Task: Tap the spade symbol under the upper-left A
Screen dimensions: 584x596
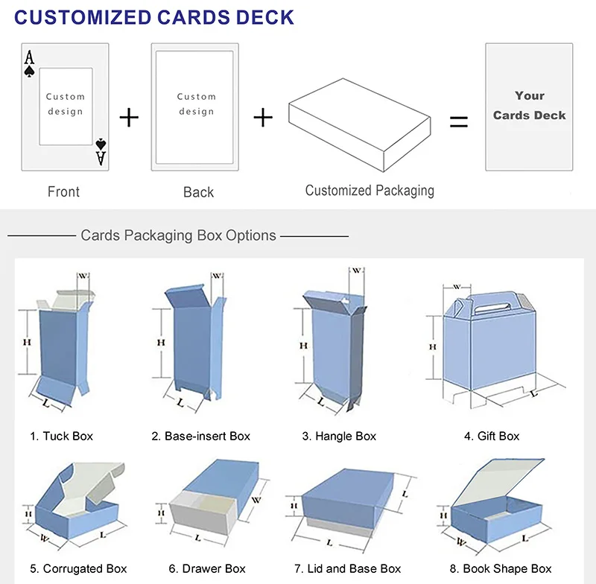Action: pyautogui.click(x=29, y=72)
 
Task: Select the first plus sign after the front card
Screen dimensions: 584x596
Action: pyautogui.click(x=130, y=117)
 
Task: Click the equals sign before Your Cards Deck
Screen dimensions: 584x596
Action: pyautogui.click(x=459, y=121)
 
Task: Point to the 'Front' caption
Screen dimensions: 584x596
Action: pyautogui.click(x=63, y=192)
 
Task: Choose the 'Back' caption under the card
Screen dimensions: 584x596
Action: pyautogui.click(x=198, y=192)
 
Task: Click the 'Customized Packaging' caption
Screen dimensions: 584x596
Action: pyautogui.click(x=370, y=191)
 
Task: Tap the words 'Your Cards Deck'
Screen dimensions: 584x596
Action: pyautogui.click(x=529, y=105)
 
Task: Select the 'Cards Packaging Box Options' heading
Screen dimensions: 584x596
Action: pyautogui.click(x=178, y=235)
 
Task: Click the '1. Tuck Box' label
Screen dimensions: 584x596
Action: pyautogui.click(x=62, y=436)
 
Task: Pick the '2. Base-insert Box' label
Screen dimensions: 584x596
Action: pyautogui.click(x=201, y=436)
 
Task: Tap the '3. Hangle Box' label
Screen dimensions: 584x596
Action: pyautogui.click(x=339, y=436)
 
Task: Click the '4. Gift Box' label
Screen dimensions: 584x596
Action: pyautogui.click(x=492, y=436)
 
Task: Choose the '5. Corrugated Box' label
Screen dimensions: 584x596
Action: pyautogui.click(x=78, y=568)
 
